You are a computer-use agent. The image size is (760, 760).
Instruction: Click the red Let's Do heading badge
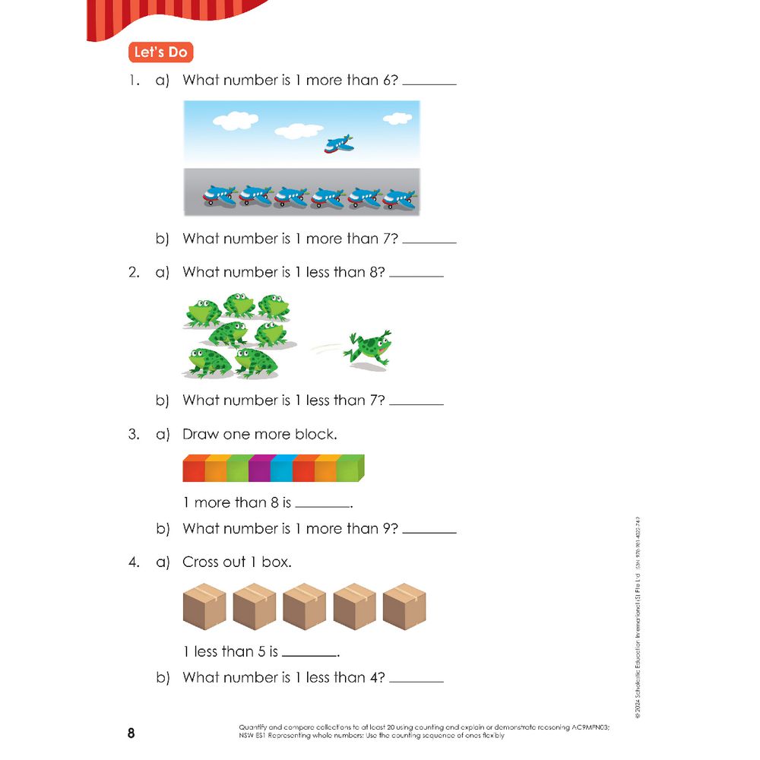click(160, 52)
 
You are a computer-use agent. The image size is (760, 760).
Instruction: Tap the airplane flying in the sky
click(338, 144)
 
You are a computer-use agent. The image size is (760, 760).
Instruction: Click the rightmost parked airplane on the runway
click(400, 196)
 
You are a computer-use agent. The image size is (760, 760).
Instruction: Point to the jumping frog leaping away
click(368, 348)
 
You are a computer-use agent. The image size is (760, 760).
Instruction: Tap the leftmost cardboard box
click(205, 607)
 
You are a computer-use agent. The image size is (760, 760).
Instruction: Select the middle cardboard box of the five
click(304, 607)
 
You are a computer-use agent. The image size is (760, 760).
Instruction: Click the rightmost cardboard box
click(404, 607)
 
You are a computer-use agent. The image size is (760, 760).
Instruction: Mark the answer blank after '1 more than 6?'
click(429, 82)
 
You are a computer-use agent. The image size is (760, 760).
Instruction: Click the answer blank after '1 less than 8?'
click(416, 274)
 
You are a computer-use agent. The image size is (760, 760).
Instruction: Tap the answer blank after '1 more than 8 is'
click(323, 505)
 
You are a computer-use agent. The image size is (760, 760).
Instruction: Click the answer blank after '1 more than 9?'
click(429, 530)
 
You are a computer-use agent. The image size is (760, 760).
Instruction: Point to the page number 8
click(131, 734)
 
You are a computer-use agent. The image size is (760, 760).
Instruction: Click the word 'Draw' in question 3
click(200, 435)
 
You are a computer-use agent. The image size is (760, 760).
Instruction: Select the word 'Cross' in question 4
click(202, 562)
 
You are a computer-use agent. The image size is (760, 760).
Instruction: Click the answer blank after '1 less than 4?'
click(416, 679)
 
